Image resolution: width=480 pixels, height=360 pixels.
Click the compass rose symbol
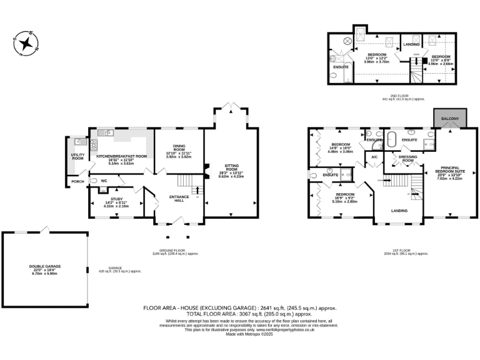coord(27,43)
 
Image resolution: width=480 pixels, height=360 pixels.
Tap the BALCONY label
coord(450,119)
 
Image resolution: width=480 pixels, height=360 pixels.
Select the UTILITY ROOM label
coord(77,156)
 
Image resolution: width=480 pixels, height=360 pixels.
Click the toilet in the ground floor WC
coord(94,181)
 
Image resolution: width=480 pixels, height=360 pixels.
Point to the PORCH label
coord(77,181)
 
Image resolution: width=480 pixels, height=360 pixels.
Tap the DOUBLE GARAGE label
coord(45,266)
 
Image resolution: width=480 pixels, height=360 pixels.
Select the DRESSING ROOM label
coord(407,159)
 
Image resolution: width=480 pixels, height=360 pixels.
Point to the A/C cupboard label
coord(374,156)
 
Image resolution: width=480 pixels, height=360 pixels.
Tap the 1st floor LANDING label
coord(399,211)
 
